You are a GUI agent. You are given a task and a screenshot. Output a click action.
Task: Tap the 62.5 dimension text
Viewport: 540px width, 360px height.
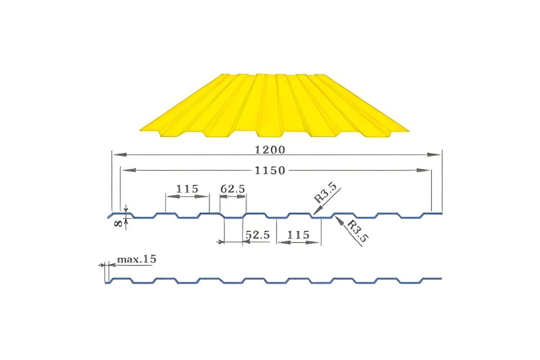coord(233,189)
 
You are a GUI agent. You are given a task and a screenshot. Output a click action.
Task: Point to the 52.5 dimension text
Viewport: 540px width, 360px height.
coord(257,235)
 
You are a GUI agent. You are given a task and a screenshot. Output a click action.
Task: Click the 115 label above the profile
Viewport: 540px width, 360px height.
coord(187,189)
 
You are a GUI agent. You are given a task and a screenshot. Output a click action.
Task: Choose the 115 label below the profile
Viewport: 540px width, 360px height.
coord(298,235)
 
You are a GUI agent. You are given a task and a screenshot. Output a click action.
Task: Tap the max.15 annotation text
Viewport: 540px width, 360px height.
coord(136,260)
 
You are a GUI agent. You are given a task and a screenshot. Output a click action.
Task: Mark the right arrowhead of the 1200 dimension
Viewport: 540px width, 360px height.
coord(435,154)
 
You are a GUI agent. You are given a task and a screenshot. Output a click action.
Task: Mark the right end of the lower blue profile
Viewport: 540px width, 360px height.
coord(441,279)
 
